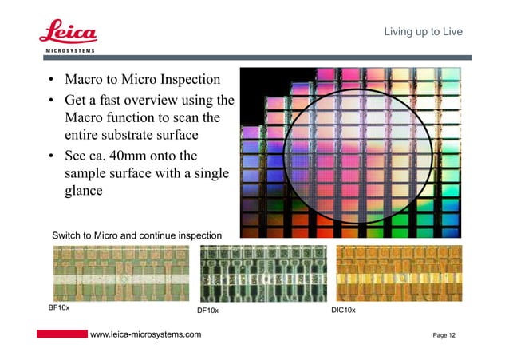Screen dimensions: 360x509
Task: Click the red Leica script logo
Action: tap(68, 32)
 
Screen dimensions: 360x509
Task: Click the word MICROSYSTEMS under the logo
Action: tap(68, 51)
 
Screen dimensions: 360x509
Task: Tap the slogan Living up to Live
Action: tap(423, 32)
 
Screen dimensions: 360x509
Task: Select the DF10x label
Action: tap(208, 311)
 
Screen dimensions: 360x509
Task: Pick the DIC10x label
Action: tap(343, 311)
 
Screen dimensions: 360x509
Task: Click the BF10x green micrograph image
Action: tap(120, 272)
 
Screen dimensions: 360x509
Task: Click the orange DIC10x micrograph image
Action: tap(398, 272)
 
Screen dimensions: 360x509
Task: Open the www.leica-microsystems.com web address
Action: tap(146, 334)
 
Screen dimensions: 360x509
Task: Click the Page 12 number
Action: tap(444, 335)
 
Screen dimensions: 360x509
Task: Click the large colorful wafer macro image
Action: tap(351, 148)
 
